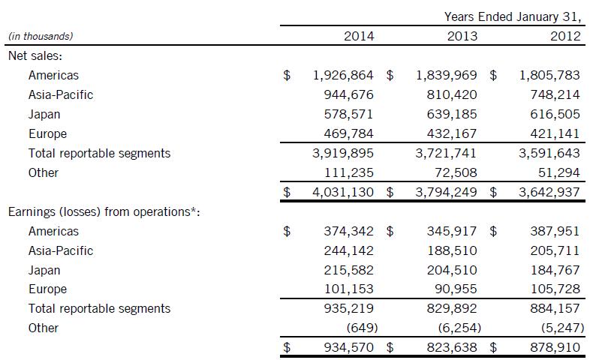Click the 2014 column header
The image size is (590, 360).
358,36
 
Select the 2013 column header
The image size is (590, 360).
462,36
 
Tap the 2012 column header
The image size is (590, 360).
565,36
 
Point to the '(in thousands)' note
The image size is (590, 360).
41,36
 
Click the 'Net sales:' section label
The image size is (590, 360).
34,55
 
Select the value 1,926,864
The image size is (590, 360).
343,75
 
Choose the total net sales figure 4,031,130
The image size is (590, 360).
343,192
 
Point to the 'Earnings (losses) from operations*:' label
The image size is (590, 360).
104,211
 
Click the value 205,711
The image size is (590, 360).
556,250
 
